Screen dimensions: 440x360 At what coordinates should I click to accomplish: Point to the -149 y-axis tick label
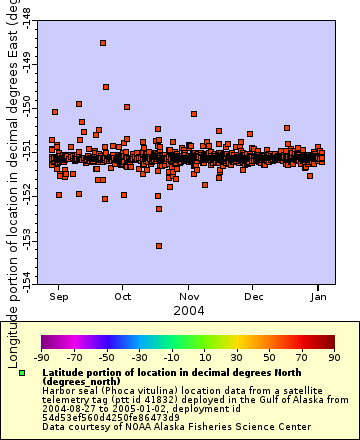(x=26, y=64)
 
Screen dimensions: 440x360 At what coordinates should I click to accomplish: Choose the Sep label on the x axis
(x=59, y=296)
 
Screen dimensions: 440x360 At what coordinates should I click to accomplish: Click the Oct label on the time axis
(x=123, y=296)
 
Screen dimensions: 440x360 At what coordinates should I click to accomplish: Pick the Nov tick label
(x=189, y=296)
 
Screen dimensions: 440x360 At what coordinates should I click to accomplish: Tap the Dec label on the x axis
(x=254, y=296)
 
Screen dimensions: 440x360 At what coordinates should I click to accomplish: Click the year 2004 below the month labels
(x=189, y=311)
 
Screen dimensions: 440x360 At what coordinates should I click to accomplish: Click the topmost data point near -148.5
(x=103, y=43)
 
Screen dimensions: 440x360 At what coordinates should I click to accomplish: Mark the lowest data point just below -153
(x=159, y=246)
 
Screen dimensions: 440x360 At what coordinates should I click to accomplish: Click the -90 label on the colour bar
(x=41, y=357)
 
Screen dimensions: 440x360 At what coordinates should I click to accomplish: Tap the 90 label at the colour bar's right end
(x=333, y=357)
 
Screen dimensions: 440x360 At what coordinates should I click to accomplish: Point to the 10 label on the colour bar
(x=203, y=357)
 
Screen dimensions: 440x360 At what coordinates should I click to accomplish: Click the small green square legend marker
(x=21, y=373)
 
